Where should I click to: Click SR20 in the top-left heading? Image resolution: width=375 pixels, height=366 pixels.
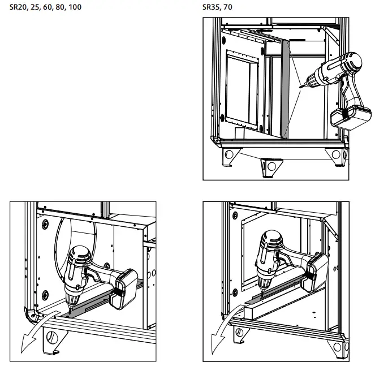pos(18,8)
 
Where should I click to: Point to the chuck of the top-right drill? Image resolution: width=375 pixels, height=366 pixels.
pos(310,81)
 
